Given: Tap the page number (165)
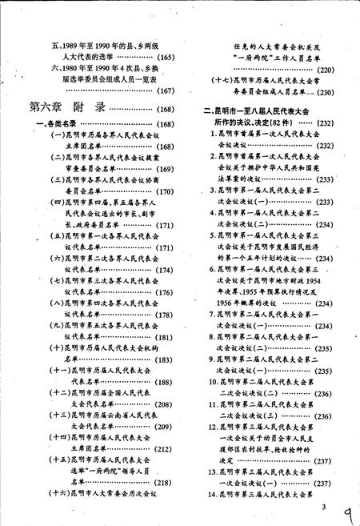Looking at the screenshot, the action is pyautogui.click(x=163, y=57).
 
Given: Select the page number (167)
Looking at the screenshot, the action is pyautogui.click(x=163, y=89).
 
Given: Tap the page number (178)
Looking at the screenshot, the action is pyautogui.click(x=163, y=315).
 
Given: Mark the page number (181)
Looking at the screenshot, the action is pyautogui.click(x=163, y=337).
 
